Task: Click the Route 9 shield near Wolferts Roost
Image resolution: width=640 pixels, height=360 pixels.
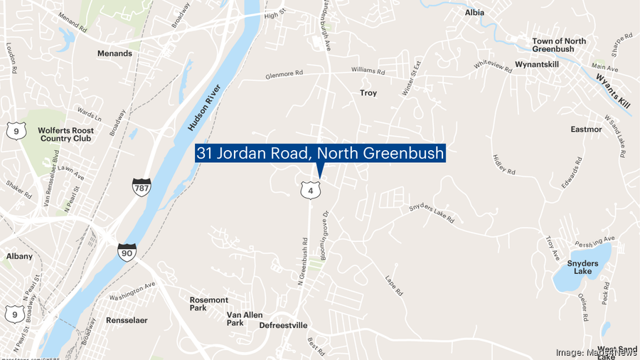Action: (16, 131)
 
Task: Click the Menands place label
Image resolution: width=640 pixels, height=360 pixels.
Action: (114, 53)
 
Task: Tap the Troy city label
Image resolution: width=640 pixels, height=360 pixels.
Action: (368, 93)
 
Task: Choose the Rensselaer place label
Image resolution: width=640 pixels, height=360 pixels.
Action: (127, 320)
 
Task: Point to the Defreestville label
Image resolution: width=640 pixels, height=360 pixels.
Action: (283, 325)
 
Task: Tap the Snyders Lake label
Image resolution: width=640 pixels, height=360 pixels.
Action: (583, 267)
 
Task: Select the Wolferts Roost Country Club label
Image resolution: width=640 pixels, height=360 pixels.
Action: (65, 134)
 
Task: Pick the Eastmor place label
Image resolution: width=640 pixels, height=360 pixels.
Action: (587, 129)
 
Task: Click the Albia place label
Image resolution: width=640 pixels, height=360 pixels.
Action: (474, 13)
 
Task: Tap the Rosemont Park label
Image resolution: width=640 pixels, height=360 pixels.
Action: (209, 304)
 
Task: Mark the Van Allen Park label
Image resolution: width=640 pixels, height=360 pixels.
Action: (245, 319)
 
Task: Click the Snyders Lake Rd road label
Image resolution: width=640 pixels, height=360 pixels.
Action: (431, 213)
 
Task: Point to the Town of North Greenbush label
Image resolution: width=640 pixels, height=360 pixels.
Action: (559, 45)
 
